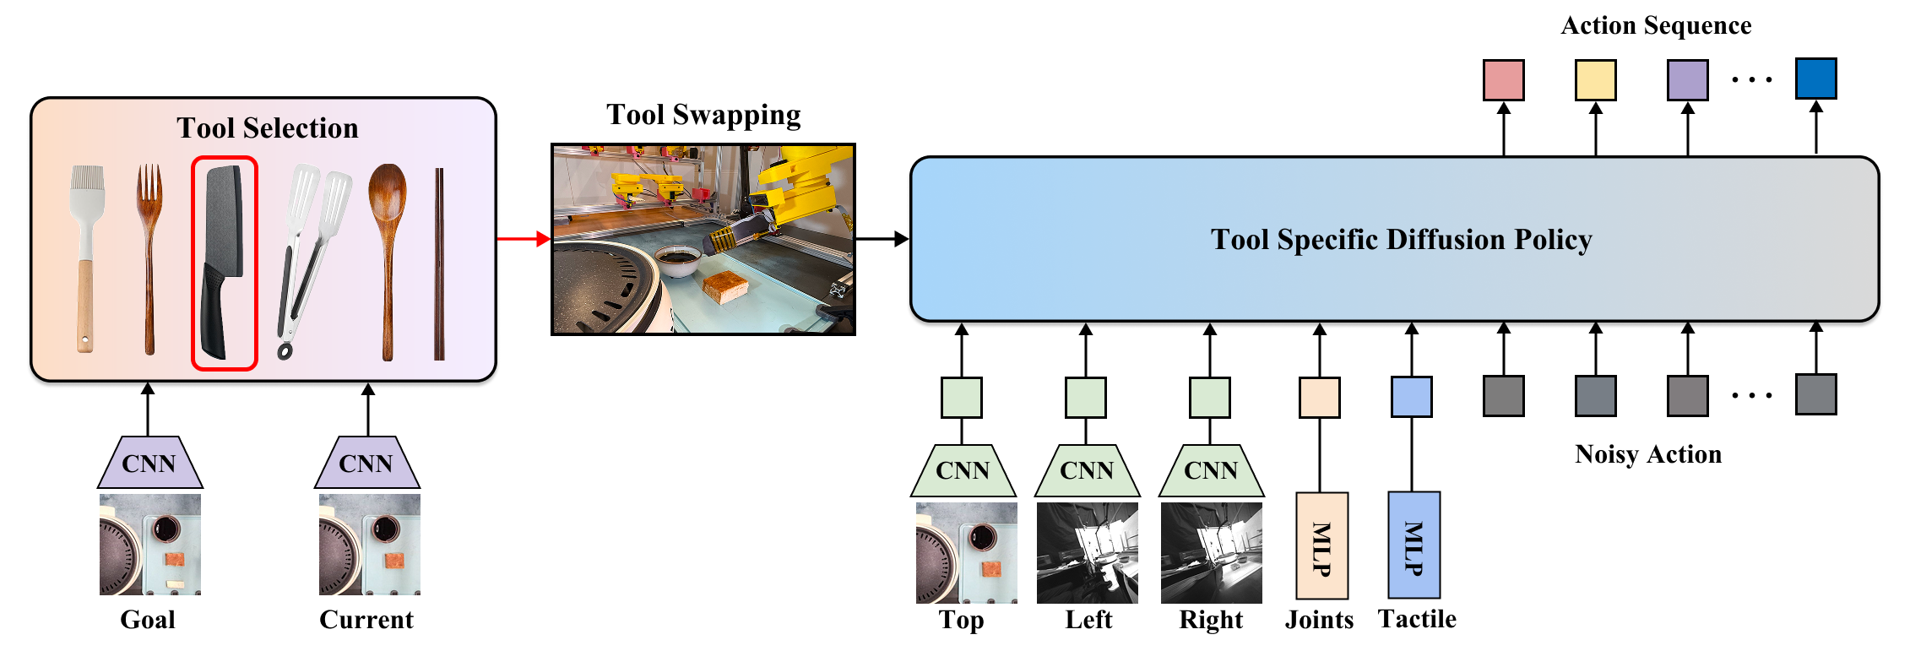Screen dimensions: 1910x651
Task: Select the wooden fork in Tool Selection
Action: [x=149, y=258]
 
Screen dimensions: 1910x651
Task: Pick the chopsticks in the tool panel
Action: [x=439, y=264]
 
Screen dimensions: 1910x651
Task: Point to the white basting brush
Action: [x=86, y=258]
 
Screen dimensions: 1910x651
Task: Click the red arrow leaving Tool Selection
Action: [x=524, y=239]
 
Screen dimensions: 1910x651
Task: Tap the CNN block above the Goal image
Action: [x=149, y=463]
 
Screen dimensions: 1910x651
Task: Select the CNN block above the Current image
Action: [x=366, y=463]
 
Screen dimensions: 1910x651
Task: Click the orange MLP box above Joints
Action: [x=1321, y=545]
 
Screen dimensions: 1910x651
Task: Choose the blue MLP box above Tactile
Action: [x=1414, y=545]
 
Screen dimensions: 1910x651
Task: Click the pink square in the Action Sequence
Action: [x=1504, y=80]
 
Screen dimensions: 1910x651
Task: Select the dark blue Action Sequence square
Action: [x=1816, y=79]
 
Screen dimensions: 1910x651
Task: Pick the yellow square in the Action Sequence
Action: [x=1596, y=80]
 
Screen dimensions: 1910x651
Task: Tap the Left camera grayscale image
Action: [x=1088, y=553]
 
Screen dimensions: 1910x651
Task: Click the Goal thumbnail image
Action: [x=150, y=545]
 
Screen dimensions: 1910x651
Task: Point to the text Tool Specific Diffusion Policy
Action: [x=1401, y=240]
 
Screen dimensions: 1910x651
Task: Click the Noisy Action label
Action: [x=1648, y=454]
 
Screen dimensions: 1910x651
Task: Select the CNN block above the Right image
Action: [x=1211, y=470]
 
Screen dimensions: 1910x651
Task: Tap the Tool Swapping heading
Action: [x=703, y=115]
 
